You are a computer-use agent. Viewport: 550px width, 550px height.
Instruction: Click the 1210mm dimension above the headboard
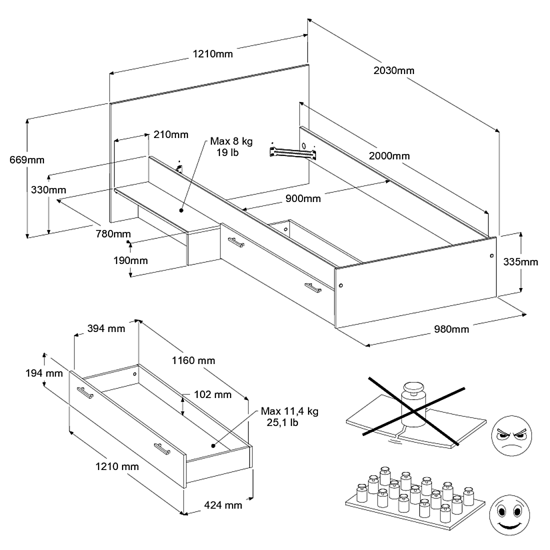pos(213,53)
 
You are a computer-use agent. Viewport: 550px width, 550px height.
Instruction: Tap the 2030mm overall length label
pos(394,70)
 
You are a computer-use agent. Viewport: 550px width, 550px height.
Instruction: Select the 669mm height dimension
pos(27,160)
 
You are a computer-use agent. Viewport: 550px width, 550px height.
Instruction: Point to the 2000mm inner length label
pos(389,156)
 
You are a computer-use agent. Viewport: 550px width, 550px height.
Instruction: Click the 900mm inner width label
pos(303,198)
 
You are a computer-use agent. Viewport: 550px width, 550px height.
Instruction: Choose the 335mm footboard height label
pos(521,261)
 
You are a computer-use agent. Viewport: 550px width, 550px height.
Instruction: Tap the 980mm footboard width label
pos(451,329)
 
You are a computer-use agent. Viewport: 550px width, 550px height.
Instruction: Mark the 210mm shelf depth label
pos(171,134)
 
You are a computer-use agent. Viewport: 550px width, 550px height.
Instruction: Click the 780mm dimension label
pos(114,234)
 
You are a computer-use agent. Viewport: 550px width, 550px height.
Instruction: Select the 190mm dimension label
pos(130,260)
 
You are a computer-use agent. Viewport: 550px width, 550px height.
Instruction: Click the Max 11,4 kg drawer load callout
pos(289,417)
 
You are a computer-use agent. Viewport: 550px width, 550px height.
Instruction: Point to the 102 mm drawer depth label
pos(212,395)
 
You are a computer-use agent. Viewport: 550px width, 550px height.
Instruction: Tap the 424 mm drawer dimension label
pos(223,505)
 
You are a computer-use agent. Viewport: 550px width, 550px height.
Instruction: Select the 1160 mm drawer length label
pos(193,360)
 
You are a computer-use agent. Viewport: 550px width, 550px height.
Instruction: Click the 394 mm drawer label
pos(106,328)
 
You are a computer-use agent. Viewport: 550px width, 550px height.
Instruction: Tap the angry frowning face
pos(511,434)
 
